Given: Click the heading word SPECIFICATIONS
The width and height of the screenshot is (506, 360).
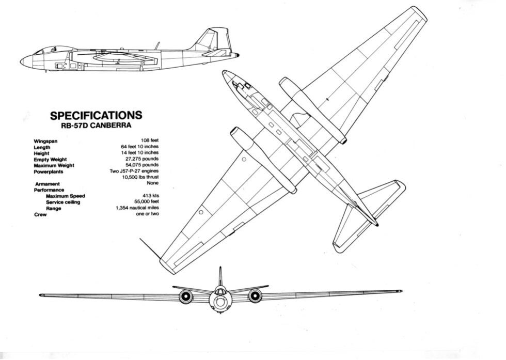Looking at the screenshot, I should tap(96, 115).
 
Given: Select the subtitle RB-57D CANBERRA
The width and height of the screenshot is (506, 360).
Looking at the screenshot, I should tap(96, 124).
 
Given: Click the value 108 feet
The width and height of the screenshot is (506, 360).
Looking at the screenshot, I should tap(150, 140).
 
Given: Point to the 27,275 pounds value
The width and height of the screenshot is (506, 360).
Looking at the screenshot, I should tap(140, 159).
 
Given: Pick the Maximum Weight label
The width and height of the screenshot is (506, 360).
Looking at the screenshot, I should tap(54, 165).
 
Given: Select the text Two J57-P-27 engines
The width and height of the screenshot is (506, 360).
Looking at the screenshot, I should tap(134, 171).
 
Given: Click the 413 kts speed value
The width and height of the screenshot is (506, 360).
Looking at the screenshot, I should tap(150, 196).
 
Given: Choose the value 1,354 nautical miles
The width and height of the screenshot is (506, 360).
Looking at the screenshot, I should tap(137, 208).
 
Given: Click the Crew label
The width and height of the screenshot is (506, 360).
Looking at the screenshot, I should tap(40, 214).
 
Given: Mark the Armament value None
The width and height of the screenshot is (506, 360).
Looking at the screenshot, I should tap(152, 183).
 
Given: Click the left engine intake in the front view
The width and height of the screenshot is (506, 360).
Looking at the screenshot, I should tap(185, 296).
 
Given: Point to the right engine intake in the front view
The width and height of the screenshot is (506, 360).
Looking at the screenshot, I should tap(255, 296).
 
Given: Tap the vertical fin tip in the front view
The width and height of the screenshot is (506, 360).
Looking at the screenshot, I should tap(220, 269).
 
